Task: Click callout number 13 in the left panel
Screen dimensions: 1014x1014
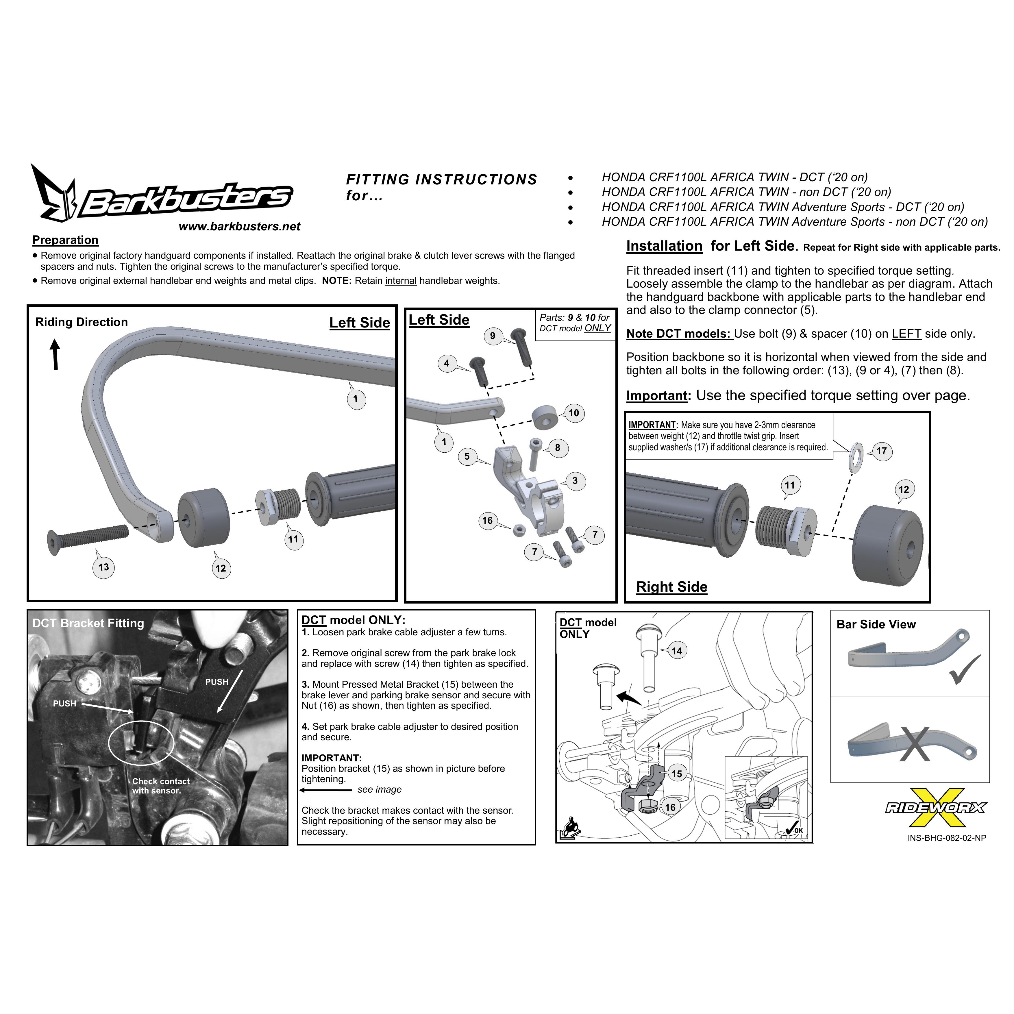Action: pos(104,567)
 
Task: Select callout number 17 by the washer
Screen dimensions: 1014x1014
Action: pos(882,451)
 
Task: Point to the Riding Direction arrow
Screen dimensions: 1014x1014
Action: pos(55,354)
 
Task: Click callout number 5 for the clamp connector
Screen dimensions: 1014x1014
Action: pos(467,456)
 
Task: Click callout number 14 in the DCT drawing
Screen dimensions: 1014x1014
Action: pos(677,651)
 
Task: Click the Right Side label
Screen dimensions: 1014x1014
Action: pos(672,587)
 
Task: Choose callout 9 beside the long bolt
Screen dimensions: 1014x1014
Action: pos(492,336)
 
